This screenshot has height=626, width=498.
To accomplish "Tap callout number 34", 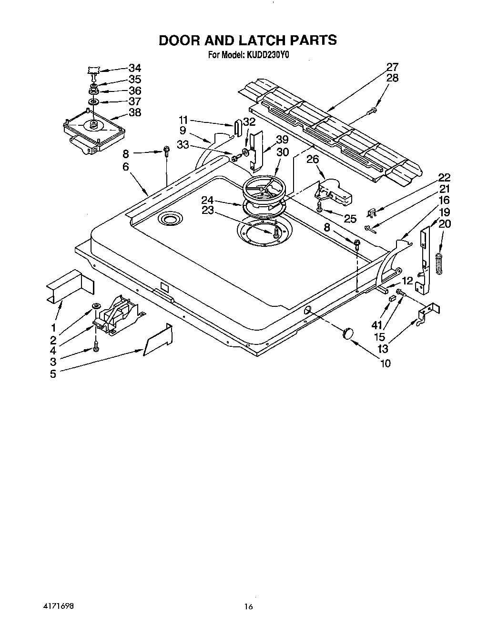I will click(x=135, y=68).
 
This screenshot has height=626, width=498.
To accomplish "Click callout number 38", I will click(x=135, y=113).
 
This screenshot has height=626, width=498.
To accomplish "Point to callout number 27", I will click(x=392, y=67).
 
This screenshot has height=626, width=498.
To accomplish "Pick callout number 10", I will click(x=385, y=363).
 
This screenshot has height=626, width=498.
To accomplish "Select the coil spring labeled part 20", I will click(x=440, y=263).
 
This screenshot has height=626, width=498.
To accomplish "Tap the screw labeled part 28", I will click(x=371, y=111).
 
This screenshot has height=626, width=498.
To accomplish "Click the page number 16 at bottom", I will click(x=248, y=606).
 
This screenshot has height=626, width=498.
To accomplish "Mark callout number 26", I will click(x=312, y=159).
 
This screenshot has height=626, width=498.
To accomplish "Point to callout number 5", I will click(x=53, y=374).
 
